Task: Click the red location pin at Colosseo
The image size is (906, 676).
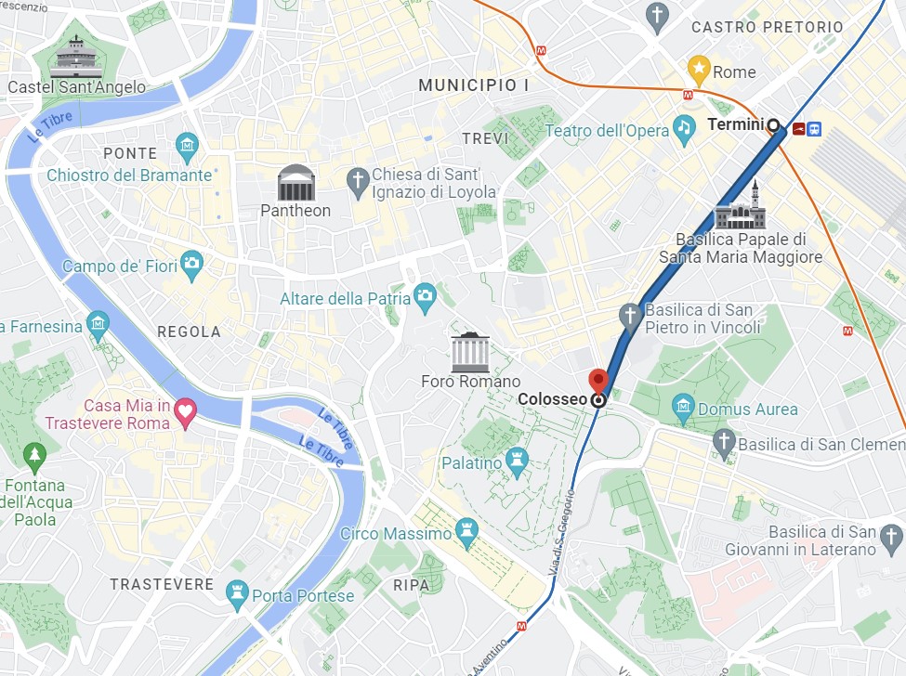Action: click(598, 380)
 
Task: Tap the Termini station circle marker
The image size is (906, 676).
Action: click(772, 124)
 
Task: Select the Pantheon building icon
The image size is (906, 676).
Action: click(296, 183)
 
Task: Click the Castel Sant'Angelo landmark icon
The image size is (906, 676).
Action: click(76, 58)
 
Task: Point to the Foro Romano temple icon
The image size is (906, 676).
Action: click(470, 352)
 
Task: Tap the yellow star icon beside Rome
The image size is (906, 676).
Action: click(698, 68)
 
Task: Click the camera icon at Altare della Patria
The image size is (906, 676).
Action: click(426, 296)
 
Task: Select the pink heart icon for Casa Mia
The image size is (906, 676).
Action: click(186, 413)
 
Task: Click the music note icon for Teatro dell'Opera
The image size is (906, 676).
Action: click(685, 129)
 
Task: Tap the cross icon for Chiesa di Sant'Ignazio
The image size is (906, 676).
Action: click(359, 182)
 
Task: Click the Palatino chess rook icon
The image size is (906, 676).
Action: click(518, 460)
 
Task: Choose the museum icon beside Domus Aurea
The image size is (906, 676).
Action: click(684, 406)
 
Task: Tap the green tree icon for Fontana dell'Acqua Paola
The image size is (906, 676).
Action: click(34, 456)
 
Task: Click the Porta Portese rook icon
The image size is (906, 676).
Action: click(238, 593)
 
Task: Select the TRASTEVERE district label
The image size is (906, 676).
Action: click(162, 584)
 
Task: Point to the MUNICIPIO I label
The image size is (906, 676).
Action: click(474, 85)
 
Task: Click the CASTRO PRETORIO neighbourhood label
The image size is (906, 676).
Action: click(768, 28)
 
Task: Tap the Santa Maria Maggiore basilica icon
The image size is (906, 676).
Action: click(741, 208)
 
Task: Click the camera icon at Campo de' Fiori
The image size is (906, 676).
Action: click(191, 264)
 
